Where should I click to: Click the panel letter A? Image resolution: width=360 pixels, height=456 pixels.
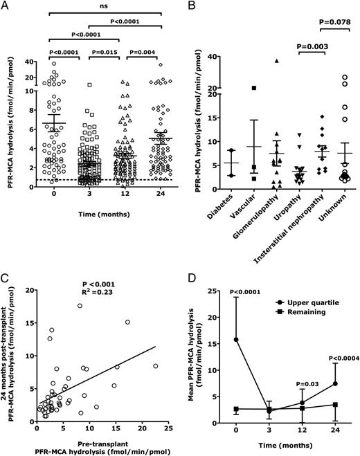6,6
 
